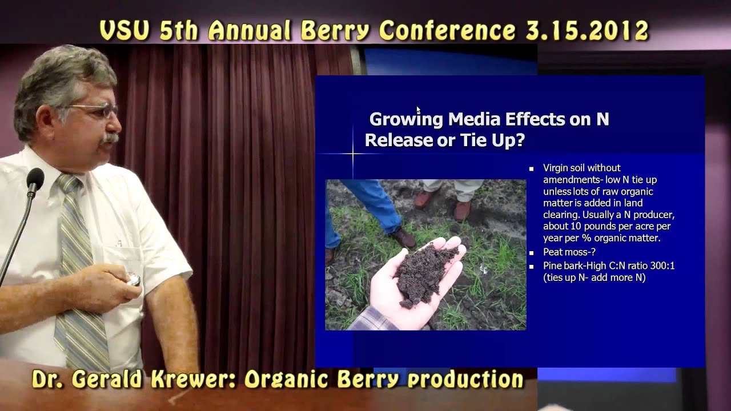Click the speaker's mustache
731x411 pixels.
point(109,139)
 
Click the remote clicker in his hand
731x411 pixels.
point(132,280)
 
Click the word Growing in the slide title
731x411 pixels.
point(406,119)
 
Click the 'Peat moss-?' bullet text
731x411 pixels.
point(569,252)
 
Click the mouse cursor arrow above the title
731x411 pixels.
point(418,110)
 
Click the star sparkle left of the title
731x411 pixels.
point(353,154)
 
